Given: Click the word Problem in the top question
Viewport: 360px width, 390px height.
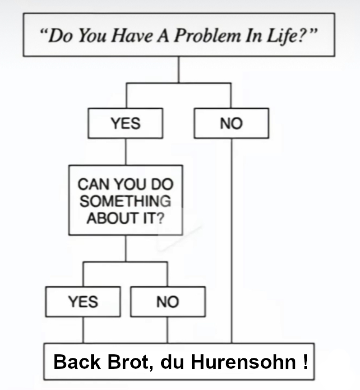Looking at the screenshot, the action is click(x=208, y=35).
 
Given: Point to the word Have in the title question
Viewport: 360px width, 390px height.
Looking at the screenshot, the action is click(x=132, y=35).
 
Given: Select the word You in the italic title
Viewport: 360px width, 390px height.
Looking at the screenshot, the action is click(x=92, y=35).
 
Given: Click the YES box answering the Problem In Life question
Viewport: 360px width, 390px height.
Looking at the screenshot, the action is click(x=125, y=123).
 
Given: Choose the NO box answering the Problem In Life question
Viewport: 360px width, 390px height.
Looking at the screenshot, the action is click(x=231, y=123).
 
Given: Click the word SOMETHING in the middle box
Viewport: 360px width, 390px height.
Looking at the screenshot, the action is click(x=125, y=201).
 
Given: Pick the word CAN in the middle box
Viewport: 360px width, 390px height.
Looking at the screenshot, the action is click(x=94, y=184).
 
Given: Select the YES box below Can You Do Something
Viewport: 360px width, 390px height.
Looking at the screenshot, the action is click(x=83, y=302).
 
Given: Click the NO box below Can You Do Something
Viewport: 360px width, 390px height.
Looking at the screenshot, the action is click(x=168, y=302).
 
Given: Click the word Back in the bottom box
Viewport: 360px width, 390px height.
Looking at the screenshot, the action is click(x=77, y=362).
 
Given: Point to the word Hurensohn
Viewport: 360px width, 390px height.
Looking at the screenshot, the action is click(x=244, y=362).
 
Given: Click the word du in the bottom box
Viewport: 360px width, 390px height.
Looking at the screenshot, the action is click(x=172, y=362).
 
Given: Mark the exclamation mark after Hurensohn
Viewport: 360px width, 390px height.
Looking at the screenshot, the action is click(x=305, y=362).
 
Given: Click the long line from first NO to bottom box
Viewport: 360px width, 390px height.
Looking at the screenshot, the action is click(x=232, y=241).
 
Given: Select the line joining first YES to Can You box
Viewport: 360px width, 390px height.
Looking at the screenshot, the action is click(x=125, y=152).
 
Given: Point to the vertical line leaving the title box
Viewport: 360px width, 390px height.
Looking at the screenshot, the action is click(x=179, y=70).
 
